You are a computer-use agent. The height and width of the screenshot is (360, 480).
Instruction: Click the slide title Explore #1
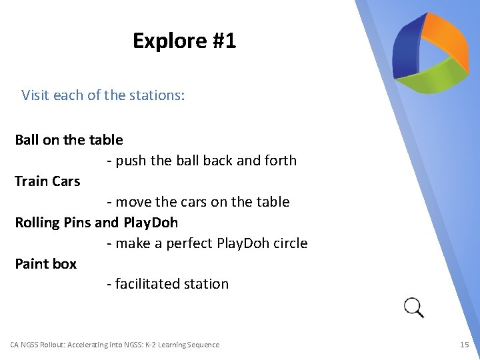pos(184,41)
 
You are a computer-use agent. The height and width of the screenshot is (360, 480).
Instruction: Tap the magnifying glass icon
pos(414,307)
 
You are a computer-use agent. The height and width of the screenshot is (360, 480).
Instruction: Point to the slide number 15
pos(465,345)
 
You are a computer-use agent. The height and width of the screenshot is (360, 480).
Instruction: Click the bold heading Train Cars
pos(47,181)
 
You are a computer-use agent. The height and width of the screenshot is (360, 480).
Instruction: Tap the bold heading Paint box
pos(45,264)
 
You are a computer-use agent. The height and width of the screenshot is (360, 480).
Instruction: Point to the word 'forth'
pos(281,161)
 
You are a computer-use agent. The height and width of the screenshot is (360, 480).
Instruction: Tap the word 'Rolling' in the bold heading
pos(37,223)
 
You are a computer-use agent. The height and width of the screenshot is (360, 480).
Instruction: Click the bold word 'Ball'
pos(27,140)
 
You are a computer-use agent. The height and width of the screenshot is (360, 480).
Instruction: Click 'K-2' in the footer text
pos(156,345)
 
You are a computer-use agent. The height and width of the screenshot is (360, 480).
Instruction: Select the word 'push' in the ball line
pos(131,161)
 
